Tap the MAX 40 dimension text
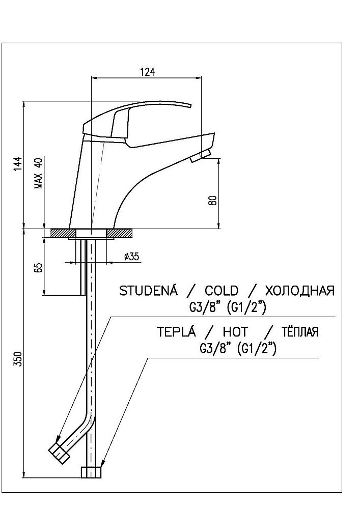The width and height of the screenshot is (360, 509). (37, 174)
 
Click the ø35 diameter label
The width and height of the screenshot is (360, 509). (131, 257)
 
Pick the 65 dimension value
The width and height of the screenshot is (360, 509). (38, 267)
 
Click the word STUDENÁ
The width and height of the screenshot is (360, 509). (148, 291)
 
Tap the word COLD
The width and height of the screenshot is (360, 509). (221, 291)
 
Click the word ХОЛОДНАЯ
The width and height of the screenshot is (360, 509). (299, 291)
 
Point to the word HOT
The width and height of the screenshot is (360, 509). (235, 332)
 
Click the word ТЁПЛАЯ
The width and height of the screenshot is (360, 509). (299, 332)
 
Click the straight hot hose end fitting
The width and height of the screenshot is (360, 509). (92, 472)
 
